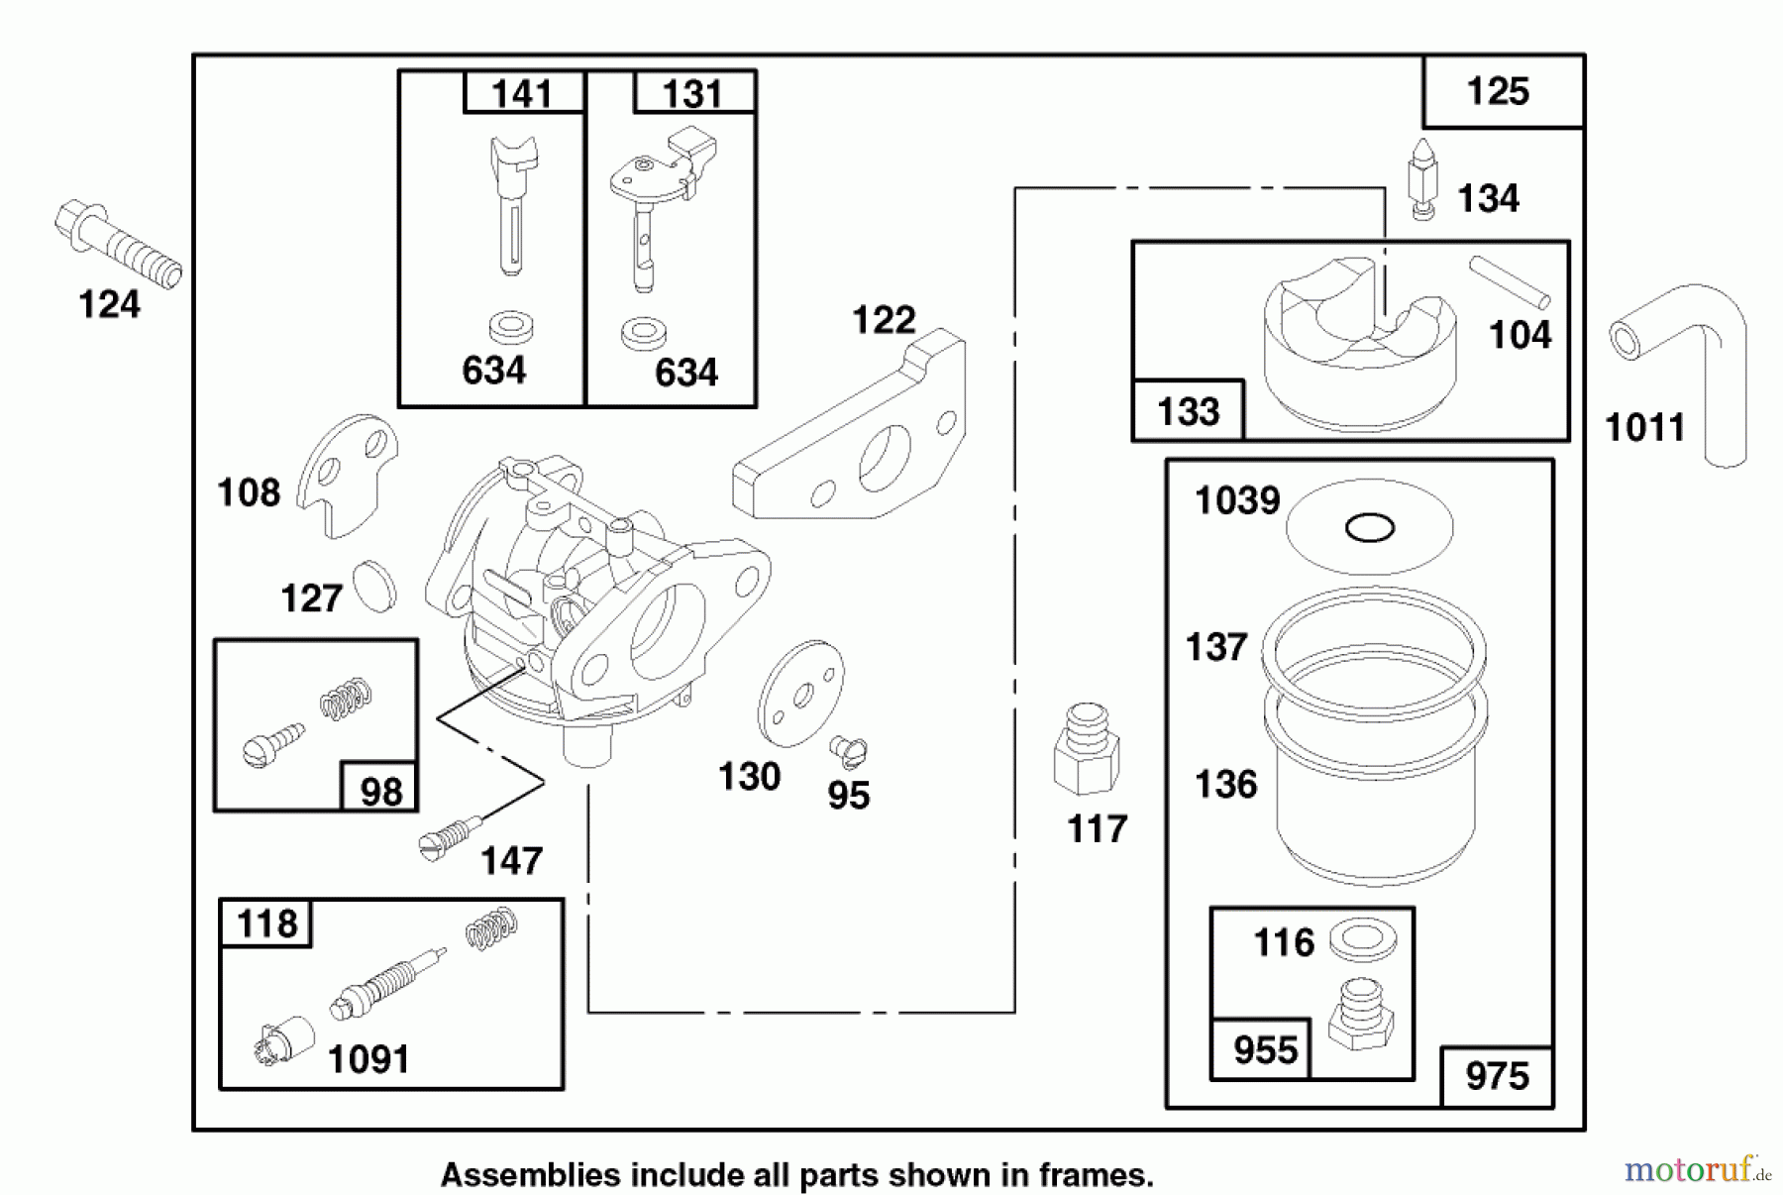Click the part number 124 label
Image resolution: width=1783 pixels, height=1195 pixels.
(109, 305)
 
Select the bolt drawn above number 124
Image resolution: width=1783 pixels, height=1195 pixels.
(117, 244)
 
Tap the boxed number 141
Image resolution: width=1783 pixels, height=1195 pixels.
(522, 94)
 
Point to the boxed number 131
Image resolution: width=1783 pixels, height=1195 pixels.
(692, 94)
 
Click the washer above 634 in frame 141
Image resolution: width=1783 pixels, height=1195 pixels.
(510, 326)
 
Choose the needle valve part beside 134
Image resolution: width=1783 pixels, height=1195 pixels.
(1423, 179)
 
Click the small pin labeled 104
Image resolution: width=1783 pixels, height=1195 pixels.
(1510, 282)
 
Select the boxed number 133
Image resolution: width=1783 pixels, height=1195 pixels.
(1188, 411)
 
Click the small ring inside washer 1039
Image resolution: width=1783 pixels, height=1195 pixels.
(1370, 528)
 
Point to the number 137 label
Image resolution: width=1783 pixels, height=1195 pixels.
(1215, 648)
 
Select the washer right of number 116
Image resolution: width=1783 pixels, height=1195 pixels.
(1363, 939)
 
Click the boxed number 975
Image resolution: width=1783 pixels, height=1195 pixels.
(1497, 1076)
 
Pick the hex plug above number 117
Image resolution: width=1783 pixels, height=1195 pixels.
(1087, 749)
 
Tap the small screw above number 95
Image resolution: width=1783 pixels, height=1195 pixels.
(849, 752)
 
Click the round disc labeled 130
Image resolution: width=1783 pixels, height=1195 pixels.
(800, 694)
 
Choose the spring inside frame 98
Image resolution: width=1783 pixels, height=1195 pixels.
(346, 699)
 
